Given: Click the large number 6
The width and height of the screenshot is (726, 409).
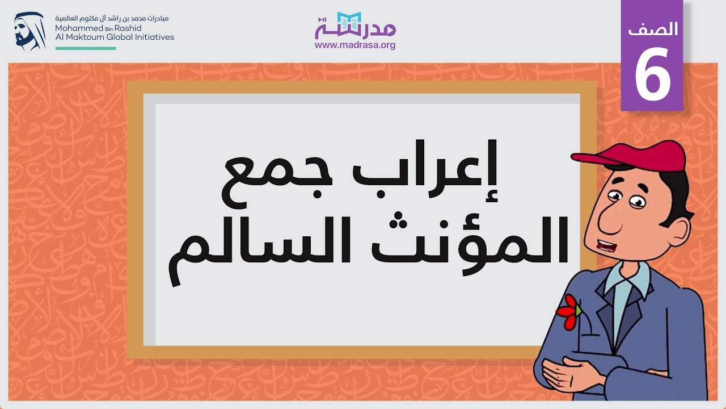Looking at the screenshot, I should [x=652, y=74].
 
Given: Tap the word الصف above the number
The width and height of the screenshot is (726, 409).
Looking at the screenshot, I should [x=653, y=30].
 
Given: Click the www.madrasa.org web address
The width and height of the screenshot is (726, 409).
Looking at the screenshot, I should [x=355, y=45].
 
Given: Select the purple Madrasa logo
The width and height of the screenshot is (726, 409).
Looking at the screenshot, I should [x=355, y=26].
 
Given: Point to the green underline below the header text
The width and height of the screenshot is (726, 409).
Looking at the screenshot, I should [x=86, y=48].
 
